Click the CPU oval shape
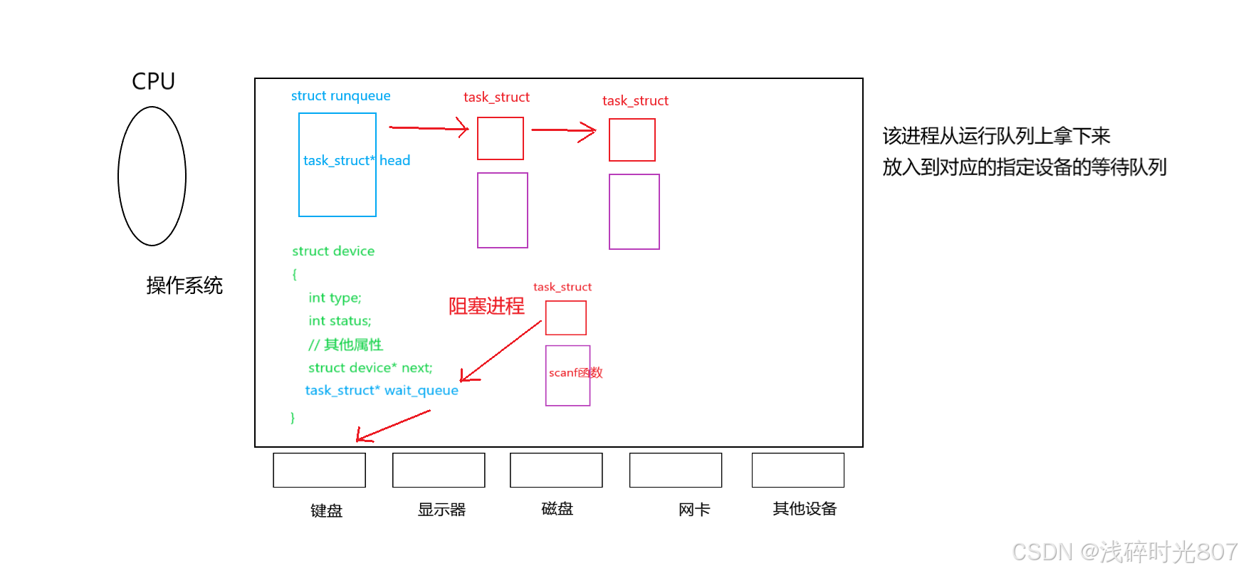point(152,176)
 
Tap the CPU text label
point(153,81)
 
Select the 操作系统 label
point(184,285)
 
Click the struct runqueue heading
point(340,96)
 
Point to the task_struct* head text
point(356,161)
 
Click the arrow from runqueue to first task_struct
point(428,128)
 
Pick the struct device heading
point(332,251)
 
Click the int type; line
point(335,298)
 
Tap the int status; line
point(340,321)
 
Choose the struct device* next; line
point(370,368)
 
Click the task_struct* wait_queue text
point(382,390)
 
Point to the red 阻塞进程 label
point(486,306)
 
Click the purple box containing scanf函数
point(567,376)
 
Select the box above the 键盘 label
point(319,470)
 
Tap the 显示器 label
point(441,510)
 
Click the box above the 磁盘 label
point(556,470)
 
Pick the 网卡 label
point(694,510)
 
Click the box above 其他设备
point(797,470)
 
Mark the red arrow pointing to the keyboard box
point(393,426)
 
